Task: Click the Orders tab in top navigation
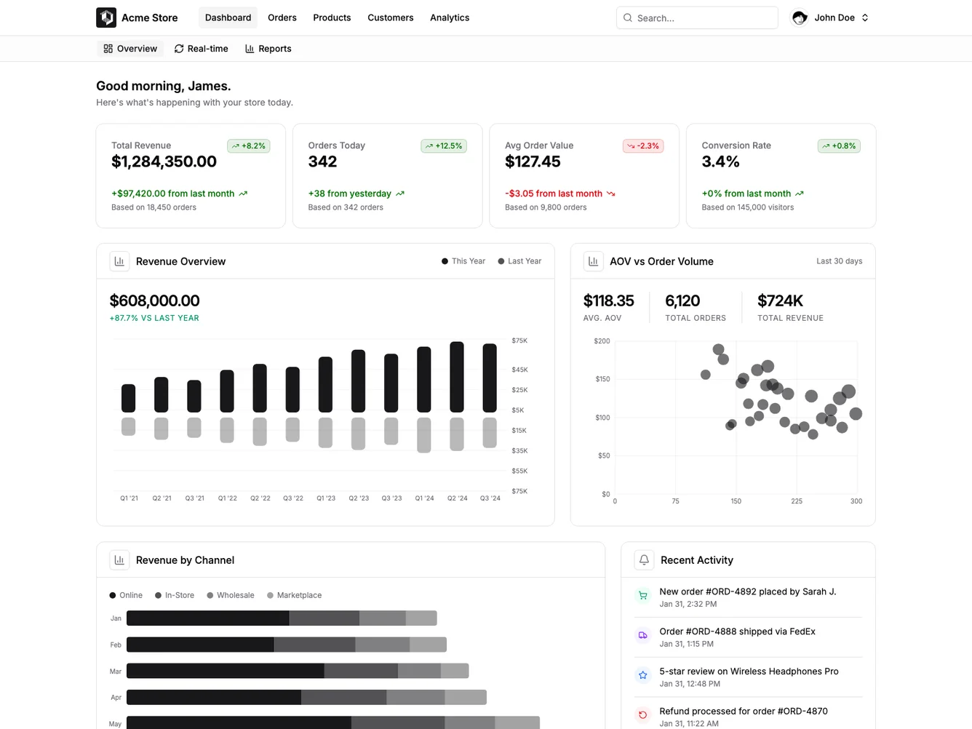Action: (282, 17)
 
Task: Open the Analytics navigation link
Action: (449, 17)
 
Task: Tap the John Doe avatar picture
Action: (800, 17)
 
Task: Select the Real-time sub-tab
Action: (201, 49)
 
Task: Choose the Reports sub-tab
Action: (268, 49)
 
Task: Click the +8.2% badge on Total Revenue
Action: (248, 146)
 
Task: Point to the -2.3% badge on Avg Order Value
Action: (642, 146)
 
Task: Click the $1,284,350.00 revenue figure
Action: (164, 162)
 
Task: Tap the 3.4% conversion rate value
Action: (720, 162)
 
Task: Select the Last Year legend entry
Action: (519, 261)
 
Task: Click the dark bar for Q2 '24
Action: (457, 377)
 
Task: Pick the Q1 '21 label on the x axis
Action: (129, 498)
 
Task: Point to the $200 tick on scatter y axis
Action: (602, 341)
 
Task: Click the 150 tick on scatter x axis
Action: (736, 501)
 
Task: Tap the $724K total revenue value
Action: (780, 301)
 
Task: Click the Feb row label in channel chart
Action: (116, 645)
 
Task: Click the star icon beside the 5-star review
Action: (642, 675)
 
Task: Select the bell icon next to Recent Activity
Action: (644, 560)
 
